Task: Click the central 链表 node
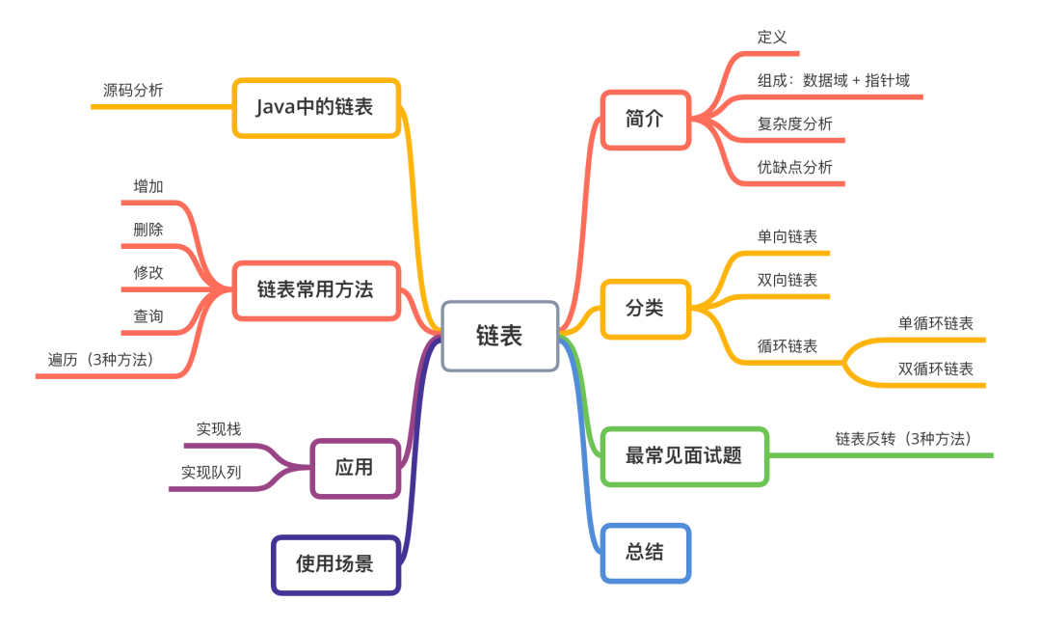500,336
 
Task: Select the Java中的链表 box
316,108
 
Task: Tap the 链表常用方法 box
316,290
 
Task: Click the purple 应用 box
355,468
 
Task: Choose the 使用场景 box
336,564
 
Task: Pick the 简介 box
645,120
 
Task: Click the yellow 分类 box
645,309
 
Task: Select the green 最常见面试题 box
684,456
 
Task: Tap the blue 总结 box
645,553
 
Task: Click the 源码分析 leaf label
133,91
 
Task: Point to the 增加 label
148,186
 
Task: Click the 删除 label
148,230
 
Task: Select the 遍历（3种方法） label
101,360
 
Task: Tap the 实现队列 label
211,473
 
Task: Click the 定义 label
772,38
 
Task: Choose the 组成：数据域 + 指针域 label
833,80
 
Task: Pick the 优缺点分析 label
794,167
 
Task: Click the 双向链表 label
787,281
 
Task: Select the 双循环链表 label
935,369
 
